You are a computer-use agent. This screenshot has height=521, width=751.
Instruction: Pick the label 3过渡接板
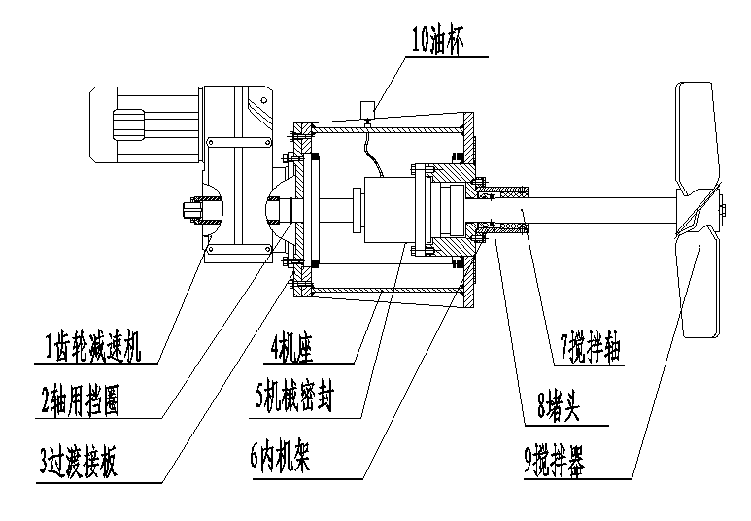coord(79,464)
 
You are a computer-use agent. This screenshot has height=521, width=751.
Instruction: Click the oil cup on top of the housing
coord(368,107)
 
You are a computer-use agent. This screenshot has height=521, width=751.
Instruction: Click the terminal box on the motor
coord(127,123)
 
